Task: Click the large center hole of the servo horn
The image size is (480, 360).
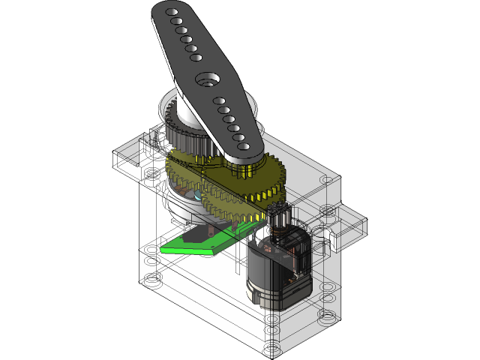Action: click(206, 79)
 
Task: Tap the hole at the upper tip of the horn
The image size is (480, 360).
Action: click(170, 13)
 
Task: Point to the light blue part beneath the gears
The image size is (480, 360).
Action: click(196, 196)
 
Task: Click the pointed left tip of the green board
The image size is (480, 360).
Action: click(162, 249)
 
